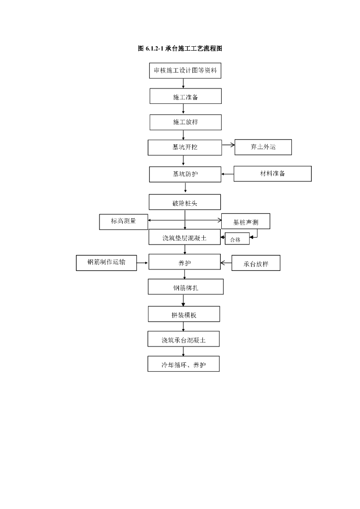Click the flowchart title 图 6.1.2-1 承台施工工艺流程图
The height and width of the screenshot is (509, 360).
(x=180, y=49)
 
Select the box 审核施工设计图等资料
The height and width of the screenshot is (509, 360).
(x=185, y=71)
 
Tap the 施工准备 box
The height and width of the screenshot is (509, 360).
(x=185, y=96)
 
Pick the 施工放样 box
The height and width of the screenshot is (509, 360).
(x=185, y=122)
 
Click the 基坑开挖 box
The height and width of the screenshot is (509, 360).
(x=184, y=148)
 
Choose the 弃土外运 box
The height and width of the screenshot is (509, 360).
(x=263, y=147)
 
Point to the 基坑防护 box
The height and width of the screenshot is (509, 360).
(x=185, y=174)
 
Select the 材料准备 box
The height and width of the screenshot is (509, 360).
(x=272, y=173)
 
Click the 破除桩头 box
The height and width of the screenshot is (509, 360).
(x=184, y=202)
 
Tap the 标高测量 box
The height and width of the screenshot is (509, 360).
(x=123, y=221)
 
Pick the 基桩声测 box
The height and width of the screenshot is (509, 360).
(x=246, y=222)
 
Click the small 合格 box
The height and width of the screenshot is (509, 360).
(x=237, y=239)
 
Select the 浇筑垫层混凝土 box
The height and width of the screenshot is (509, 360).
(x=184, y=237)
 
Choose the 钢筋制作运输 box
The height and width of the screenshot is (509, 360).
(x=106, y=262)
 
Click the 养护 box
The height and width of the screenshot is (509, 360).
(x=184, y=262)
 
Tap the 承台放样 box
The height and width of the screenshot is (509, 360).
(x=256, y=263)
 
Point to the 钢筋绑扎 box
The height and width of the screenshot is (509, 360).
(x=185, y=287)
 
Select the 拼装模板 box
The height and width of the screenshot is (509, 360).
(x=183, y=314)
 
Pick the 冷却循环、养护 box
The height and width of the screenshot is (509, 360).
(x=183, y=364)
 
